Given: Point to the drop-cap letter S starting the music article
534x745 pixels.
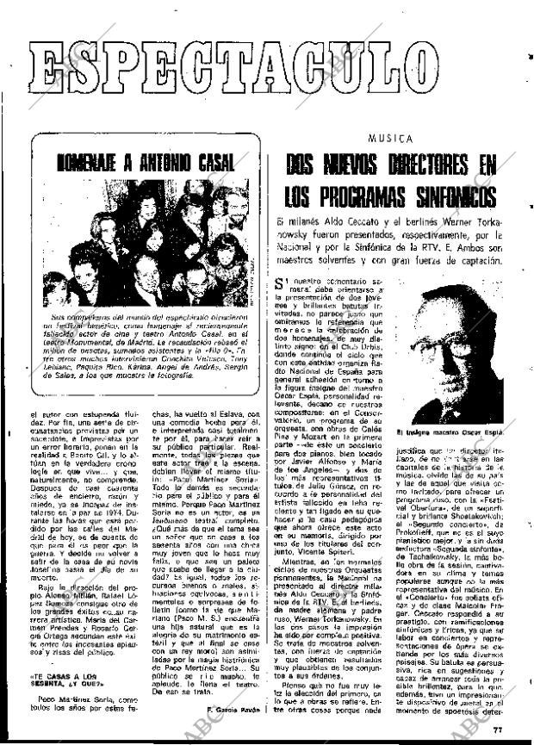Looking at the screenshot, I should click(279, 284).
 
